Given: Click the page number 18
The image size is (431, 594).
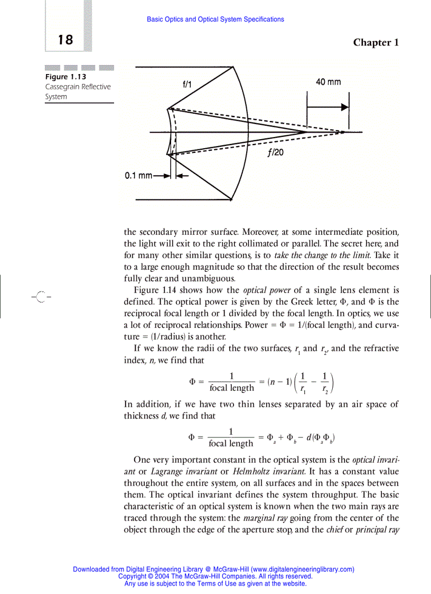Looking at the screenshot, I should coord(65,40).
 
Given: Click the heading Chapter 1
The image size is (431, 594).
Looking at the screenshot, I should coord(376,42).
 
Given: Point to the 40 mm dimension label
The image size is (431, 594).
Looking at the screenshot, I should coord(328,82).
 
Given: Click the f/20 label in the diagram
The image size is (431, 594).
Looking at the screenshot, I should coord(275,153).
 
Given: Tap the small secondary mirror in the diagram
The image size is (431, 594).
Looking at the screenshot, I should coord(169,132).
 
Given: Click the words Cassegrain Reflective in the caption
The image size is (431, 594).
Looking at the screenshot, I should coord(78,87).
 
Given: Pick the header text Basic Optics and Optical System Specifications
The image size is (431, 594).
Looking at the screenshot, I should coord(215,20).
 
